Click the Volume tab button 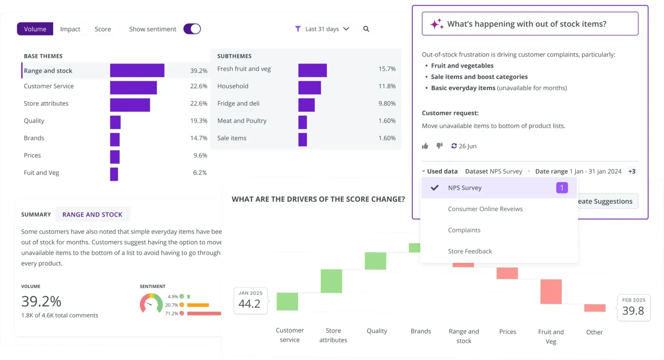tap(35, 29)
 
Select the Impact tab tap(70, 29)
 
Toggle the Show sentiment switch tap(192, 29)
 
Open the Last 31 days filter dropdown tap(322, 29)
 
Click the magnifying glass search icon tap(366, 29)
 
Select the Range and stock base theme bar tap(137, 70)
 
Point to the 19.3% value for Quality tap(199, 121)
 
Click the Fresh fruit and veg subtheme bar tap(312, 70)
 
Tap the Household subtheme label tap(233, 86)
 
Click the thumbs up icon tap(425, 146)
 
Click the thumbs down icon tap(440, 146)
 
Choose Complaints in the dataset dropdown tap(464, 230)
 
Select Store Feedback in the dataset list tap(470, 251)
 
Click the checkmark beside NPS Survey tap(435, 188)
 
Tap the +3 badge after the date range tap(632, 172)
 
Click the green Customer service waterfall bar tap(287, 302)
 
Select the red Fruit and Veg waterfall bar tap(551, 292)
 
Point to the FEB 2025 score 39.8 tap(633, 311)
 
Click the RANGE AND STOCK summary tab tap(92, 214)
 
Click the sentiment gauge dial tap(151, 304)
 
